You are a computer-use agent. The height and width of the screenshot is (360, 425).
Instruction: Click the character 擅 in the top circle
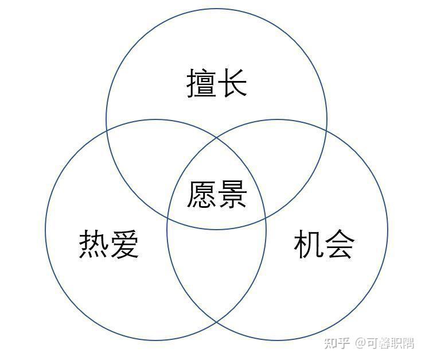[201, 83]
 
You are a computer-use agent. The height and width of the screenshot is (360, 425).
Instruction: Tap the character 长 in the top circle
[233, 83]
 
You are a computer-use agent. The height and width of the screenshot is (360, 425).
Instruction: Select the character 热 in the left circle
[93, 243]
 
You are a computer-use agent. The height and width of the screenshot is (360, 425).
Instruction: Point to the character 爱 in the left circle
[124, 243]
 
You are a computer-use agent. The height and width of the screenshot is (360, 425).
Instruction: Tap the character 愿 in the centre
[201, 194]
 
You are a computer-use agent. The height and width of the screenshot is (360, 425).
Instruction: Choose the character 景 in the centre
[232, 194]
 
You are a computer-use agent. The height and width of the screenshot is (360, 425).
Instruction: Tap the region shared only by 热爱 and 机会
[217, 270]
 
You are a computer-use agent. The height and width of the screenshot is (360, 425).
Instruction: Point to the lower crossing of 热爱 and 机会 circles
[217, 322]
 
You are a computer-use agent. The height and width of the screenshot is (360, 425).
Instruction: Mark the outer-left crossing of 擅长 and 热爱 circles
[107, 131]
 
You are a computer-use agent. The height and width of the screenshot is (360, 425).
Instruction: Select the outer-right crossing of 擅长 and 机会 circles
[326, 131]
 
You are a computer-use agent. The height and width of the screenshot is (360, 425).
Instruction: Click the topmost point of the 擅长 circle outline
[217, 9]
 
